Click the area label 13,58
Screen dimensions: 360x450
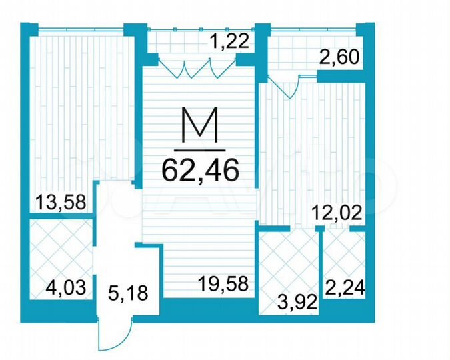[61, 202]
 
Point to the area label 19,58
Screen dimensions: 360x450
[223, 285]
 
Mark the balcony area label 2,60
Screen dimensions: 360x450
[340, 58]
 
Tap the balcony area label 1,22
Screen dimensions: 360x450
[229, 43]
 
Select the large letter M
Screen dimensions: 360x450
[200, 127]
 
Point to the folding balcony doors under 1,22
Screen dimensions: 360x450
[198, 66]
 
